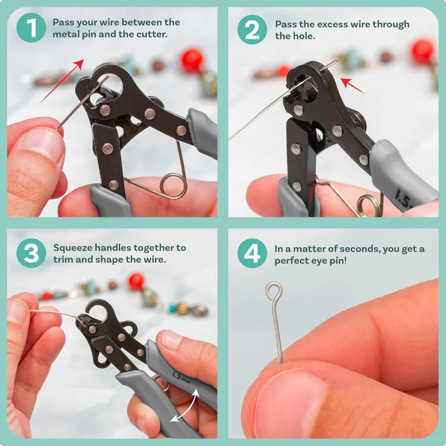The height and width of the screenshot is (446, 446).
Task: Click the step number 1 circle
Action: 31,27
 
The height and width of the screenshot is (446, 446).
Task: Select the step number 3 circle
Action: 31,253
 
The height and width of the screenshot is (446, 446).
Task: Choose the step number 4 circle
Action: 252,253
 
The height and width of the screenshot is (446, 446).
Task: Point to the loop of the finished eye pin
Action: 274,289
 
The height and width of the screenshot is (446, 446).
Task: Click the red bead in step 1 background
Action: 192,61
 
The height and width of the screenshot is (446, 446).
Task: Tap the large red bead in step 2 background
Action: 422,51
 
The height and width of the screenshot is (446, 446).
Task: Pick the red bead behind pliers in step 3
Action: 136,281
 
